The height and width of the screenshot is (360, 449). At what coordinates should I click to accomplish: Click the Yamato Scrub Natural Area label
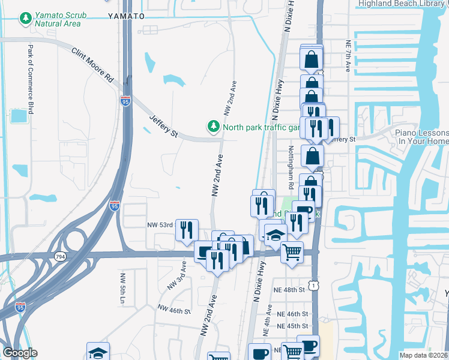pyautogui.click(x=57, y=19)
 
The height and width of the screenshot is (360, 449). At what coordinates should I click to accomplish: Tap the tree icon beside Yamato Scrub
pyautogui.click(x=25, y=19)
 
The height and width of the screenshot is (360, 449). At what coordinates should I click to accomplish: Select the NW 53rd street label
pyautogui.click(x=160, y=224)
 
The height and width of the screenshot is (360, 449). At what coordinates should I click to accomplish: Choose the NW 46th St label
pyautogui.click(x=173, y=310)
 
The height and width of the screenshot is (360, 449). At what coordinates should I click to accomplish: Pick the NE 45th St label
pyautogui.click(x=292, y=326)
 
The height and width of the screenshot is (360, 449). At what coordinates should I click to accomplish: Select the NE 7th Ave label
pyautogui.click(x=348, y=54)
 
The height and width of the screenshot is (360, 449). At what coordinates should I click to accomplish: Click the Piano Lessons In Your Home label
pyautogui.click(x=421, y=136)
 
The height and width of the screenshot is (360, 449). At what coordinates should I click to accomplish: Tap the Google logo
pyautogui.click(x=20, y=353)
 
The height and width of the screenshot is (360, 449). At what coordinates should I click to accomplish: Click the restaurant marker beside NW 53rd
pyautogui.click(x=187, y=230)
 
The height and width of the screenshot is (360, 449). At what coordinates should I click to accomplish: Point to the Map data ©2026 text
pyautogui.click(x=423, y=355)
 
